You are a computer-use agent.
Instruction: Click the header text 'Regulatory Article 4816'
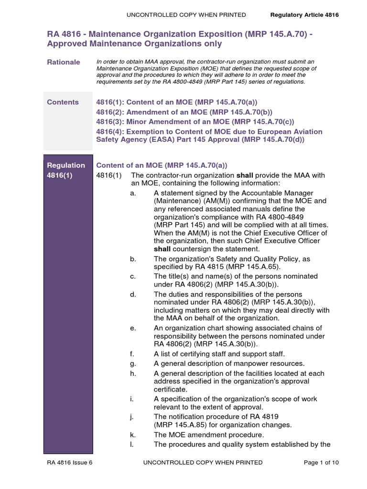[304, 15]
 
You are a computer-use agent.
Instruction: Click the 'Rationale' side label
[63, 63]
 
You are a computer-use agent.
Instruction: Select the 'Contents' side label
[63, 102]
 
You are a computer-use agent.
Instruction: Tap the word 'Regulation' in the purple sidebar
[66, 165]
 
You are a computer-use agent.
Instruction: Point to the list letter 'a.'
[132, 193]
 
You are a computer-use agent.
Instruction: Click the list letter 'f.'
[132, 353]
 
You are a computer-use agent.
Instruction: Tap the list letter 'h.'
[132, 373]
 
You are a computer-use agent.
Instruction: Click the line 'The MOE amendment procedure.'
[209, 435]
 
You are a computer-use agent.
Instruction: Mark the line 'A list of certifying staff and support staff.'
[219, 353]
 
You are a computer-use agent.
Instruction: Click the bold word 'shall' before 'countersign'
[162, 249]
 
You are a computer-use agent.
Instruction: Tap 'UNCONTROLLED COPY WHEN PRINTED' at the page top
[186, 15]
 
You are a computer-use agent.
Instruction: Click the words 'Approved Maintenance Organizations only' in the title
[134, 44]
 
